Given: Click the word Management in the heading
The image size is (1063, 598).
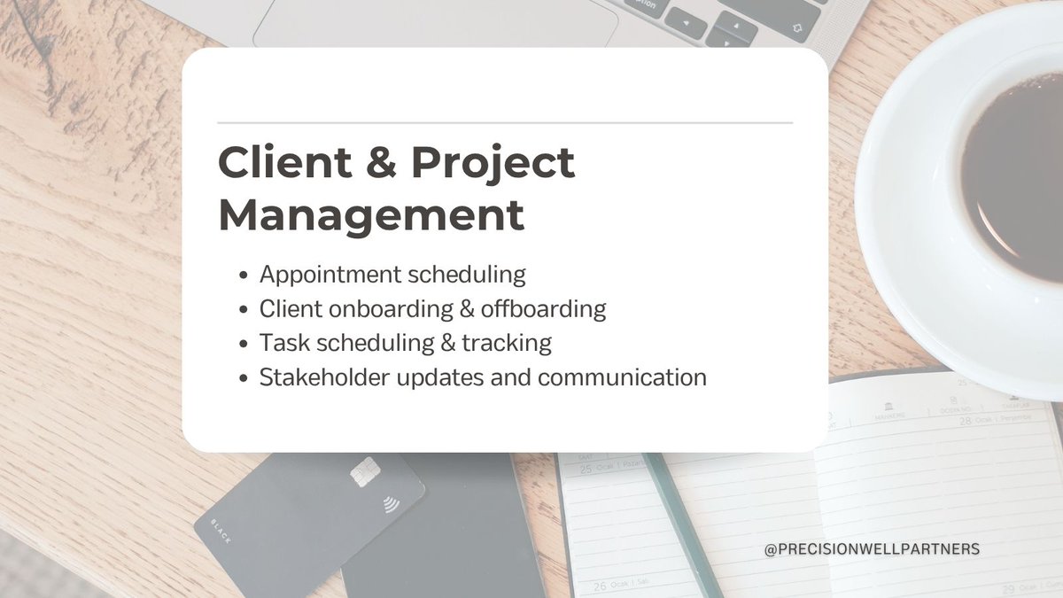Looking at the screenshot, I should coord(371,216).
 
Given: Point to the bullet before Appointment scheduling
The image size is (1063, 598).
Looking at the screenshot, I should coord(244,276).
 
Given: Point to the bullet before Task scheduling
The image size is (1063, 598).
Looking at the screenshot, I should coord(244,344).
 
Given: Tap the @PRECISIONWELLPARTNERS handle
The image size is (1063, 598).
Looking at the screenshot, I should coord(872,549).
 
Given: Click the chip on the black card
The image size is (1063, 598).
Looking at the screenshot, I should coord(363,472).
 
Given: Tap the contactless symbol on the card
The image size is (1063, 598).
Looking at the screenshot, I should coord(391,506).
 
